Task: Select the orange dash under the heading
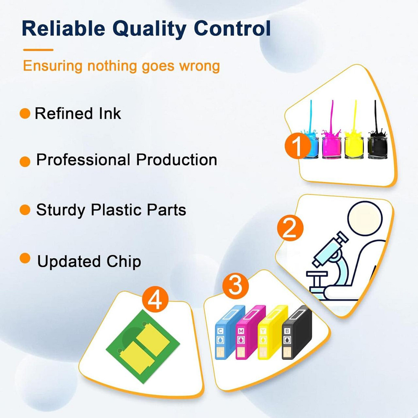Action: [38, 50]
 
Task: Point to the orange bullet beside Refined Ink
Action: [25, 113]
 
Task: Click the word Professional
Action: [83, 160]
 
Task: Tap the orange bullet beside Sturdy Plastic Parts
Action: [25, 210]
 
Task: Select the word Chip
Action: [124, 262]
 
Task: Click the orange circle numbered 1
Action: [297, 145]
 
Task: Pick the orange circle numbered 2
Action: [290, 228]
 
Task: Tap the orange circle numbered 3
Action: [235, 285]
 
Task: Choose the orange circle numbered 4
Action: [155, 300]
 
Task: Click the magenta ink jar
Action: [331, 148]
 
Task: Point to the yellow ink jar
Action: [354, 148]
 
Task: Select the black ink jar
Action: [377, 148]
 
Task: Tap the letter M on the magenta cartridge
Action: [241, 331]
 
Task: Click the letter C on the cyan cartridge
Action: [220, 331]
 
